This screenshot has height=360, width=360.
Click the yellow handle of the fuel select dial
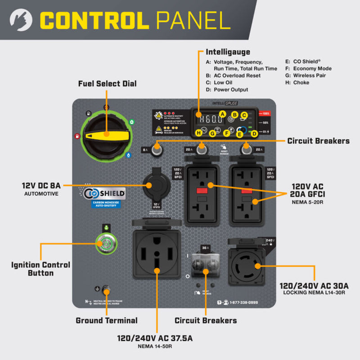click(x=107, y=135)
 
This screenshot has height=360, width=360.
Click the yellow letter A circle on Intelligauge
click(x=222, y=114)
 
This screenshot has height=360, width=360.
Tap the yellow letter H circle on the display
click(x=198, y=133)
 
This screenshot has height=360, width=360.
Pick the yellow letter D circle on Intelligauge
click(x=254, y=133)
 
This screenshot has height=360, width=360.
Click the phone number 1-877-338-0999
click(x=244, y=303)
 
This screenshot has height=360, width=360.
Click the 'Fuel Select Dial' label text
click(x=107, y=84)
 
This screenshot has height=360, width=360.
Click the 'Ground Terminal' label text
click(x=107, y=320)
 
